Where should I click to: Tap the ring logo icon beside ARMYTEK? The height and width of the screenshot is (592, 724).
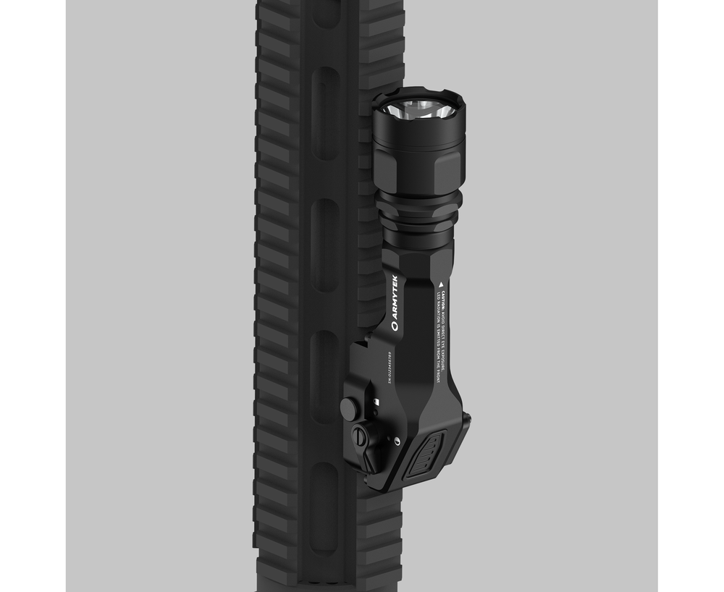(395, 327)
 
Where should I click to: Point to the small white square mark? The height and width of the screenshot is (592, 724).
(377, 399)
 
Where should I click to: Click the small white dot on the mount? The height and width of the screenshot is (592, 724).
(397, 441)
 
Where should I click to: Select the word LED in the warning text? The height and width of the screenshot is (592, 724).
(430, 290)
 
